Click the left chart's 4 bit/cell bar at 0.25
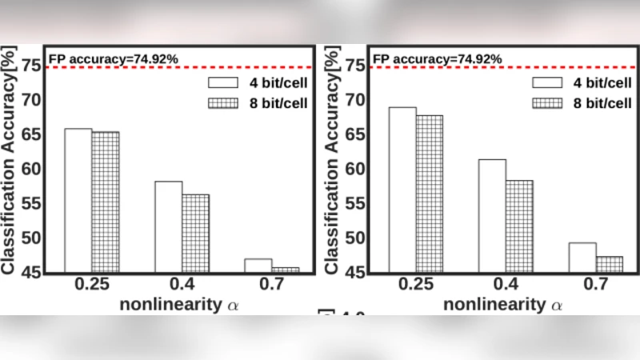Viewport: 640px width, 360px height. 78,200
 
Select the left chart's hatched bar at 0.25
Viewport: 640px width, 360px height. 105,202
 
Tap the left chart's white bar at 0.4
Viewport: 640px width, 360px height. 168,226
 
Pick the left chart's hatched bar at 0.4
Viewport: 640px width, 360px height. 195,233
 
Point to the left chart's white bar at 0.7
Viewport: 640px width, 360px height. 258,266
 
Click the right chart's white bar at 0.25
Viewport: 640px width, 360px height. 402,190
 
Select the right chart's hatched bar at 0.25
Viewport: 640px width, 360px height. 429,194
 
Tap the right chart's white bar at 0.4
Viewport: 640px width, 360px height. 492,215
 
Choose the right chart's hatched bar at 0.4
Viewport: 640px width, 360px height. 519,226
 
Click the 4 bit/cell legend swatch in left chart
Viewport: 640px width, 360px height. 221,82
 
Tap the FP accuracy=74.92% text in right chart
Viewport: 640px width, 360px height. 438,58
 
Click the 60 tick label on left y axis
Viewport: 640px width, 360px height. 30,169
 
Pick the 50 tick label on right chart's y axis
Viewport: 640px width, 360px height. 354,238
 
